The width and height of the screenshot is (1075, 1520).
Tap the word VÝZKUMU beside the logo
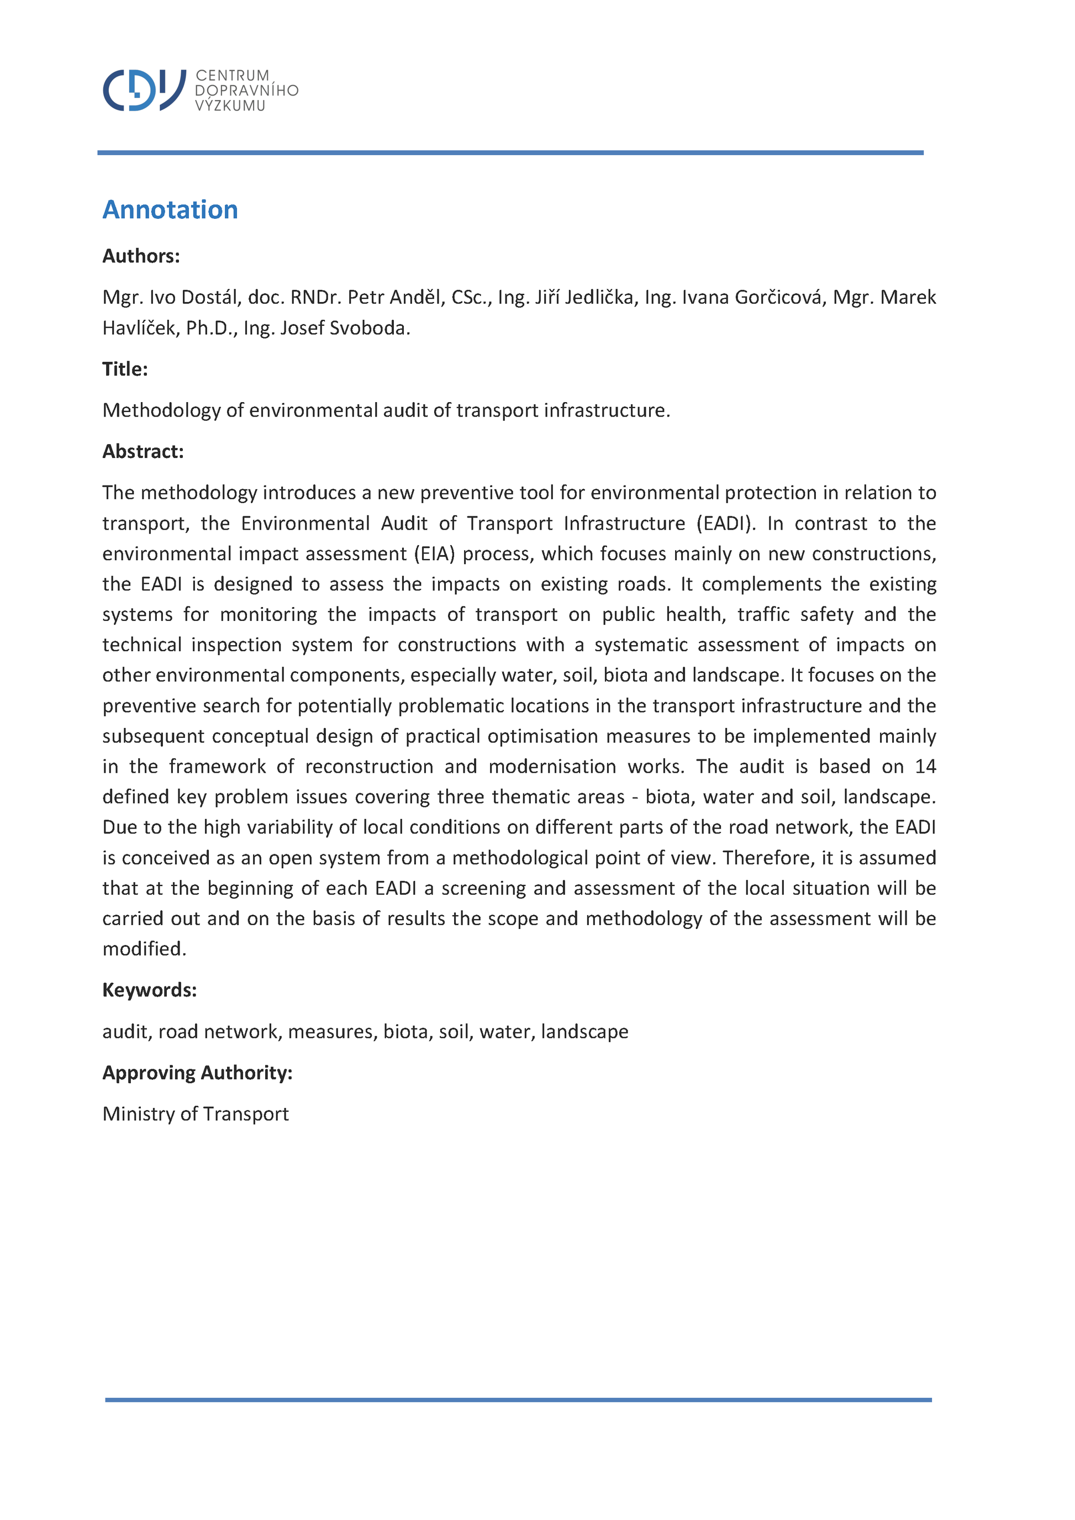[x=230, y=106]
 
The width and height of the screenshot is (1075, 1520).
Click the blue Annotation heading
[x=170, y=210]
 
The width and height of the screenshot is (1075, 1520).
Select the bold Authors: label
[x=141, y=256]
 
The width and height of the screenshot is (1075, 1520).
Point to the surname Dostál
[x=209, y=297]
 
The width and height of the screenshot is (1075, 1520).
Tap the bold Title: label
[x=125, y=370]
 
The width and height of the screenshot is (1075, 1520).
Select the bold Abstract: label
[x=143, y=451]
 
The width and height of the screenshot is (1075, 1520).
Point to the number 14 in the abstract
[x=925, y=767]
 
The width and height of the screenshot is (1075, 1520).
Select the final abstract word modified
[x=144, y=949]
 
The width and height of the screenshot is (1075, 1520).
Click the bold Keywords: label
[x=150, y=990]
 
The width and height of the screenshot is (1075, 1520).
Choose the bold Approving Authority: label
[x=197, y=1073]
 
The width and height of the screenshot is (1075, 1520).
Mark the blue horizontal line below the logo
[x=510, y=153]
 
